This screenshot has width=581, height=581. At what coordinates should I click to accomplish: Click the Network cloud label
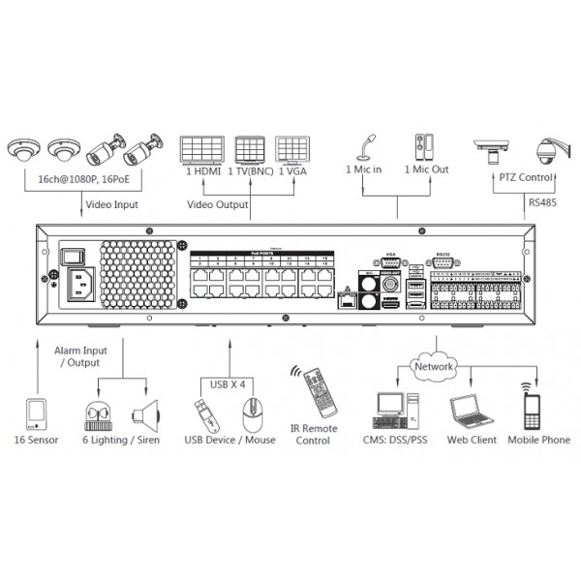(433, 368)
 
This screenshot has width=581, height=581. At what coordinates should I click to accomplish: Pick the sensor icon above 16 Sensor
(36, 413)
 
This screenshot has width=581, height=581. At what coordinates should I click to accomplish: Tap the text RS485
(541, 202)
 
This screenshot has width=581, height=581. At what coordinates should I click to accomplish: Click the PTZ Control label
(524, 178)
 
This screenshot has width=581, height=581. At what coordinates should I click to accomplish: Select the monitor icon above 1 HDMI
(201, 149)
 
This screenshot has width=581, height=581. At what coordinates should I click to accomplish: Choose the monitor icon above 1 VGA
(293, 149)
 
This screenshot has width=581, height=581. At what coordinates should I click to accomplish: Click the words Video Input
(111, 204)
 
